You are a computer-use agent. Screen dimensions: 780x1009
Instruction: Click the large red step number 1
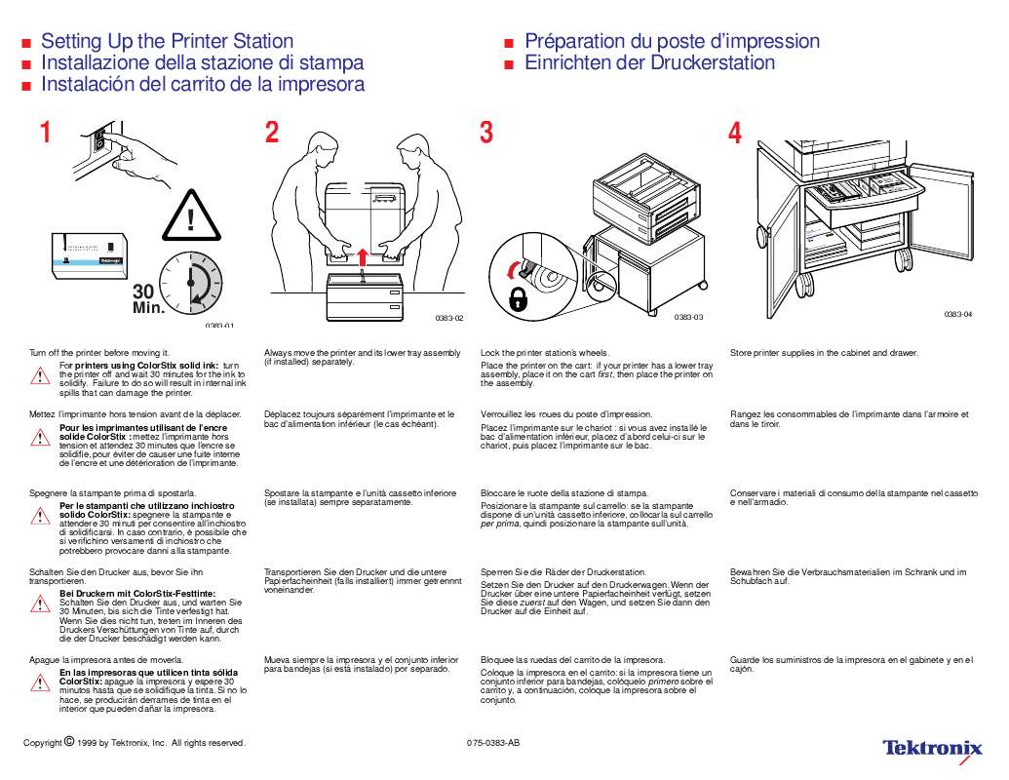[x=45, y=134]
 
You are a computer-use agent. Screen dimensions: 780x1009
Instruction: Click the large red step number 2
[x=272, y=134]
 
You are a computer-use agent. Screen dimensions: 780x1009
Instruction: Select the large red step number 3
[x=486, y=134]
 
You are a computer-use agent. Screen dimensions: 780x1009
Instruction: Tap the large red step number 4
[x=735, y=134]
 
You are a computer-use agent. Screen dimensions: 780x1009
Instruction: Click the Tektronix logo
[x=932, y=748]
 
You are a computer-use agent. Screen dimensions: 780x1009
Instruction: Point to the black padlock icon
[x=519, y=299]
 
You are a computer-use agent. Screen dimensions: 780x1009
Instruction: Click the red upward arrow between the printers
[x=363, y=256]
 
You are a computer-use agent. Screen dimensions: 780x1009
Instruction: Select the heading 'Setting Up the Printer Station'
[x=167, y=41]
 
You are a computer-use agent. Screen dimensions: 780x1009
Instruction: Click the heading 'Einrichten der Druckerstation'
[x=649, y=62]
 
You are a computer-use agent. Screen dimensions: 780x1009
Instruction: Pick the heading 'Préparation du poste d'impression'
[x=672, y=41]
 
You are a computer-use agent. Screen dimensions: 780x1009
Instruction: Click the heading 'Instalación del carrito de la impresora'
[x=203, y=84]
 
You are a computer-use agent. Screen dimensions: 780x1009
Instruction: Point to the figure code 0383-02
[x=448, y=319]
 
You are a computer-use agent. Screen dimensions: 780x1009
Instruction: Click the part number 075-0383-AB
[x=493, y=743]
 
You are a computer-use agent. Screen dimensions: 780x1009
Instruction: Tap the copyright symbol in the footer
[x=69, y=741]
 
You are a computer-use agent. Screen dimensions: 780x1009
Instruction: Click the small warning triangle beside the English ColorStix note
[x=40, y=375]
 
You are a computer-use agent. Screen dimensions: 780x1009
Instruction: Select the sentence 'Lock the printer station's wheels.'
[x=544, y=353]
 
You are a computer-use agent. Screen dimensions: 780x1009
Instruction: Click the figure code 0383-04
[x=958, y=314]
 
